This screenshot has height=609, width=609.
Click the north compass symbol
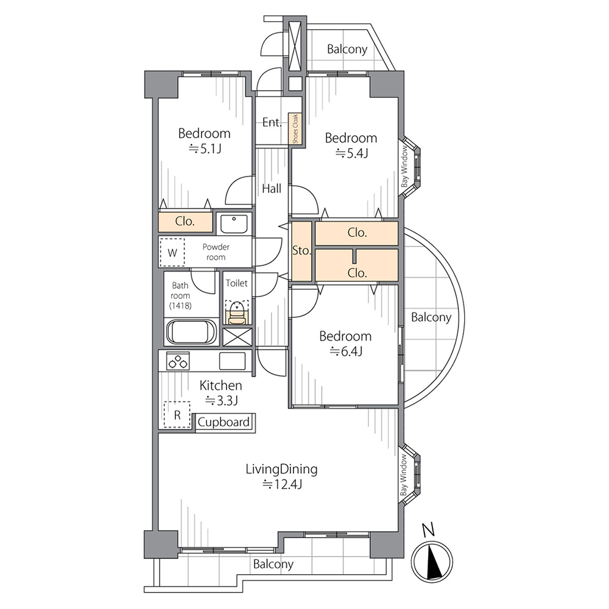click(x=432, y=561)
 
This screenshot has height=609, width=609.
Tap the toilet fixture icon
click(x=237, y=312)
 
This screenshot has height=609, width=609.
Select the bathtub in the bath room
click(x=191, y=332)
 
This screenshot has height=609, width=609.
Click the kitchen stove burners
click(x=178, y=361)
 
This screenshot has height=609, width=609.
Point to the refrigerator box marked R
click(x=177, y=415)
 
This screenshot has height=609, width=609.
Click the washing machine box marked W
click(x=172, y=253)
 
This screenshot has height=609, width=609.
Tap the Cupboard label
click(x=224, y=422)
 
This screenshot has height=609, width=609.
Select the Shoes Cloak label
click(x=295, y=128)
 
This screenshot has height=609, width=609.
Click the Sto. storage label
click(x=301, y=251)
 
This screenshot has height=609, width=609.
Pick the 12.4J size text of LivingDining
click(x=282, y=484)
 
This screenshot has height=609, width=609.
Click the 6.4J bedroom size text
click(x=346, y=351)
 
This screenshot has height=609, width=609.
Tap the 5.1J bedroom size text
click(x=205, y=149)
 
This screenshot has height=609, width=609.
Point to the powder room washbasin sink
click(x=234, y=224)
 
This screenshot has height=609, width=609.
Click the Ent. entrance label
click(x=272, y=122)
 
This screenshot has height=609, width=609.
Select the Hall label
click(x=272, y=189)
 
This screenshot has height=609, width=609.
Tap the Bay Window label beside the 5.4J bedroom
click(x=405, y=166)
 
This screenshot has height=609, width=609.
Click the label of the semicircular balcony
click(x=431, y=317)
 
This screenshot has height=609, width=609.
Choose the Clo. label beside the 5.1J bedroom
click(x=185, y=222)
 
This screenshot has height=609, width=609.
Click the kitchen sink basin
click(x=232, y=361)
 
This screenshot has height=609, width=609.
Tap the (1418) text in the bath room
click(x=180, y=306)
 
